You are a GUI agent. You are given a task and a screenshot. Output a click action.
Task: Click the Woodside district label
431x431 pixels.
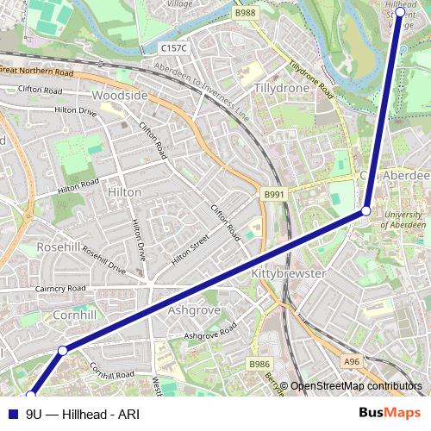point(120,95)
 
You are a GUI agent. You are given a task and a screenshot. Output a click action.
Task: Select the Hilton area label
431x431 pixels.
point(125,192)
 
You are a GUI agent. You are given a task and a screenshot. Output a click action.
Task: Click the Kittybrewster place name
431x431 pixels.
point(288,273)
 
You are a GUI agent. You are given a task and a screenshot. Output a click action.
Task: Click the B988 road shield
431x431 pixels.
point(246,13)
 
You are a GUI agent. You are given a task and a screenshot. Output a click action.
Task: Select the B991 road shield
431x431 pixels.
point(273,196)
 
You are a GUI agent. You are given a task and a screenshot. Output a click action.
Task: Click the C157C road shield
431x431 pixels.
point(174,50)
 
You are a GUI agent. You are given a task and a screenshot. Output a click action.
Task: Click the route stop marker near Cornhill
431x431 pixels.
point(62,350)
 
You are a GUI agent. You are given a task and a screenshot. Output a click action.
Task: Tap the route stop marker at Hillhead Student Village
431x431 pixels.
point(400,13)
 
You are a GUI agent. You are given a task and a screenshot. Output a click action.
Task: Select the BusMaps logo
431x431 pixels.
point(390,413)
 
